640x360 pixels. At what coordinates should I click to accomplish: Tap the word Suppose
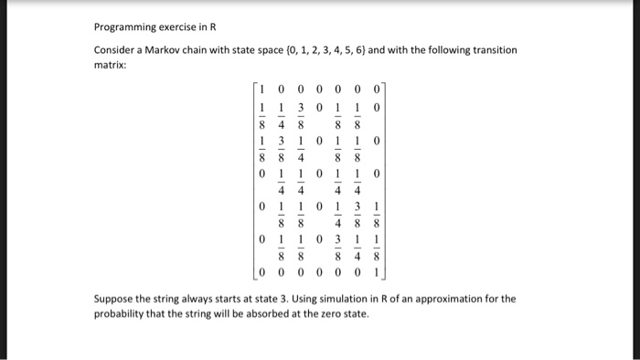[115, 299]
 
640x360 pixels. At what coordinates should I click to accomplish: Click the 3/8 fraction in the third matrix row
[281, 149]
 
